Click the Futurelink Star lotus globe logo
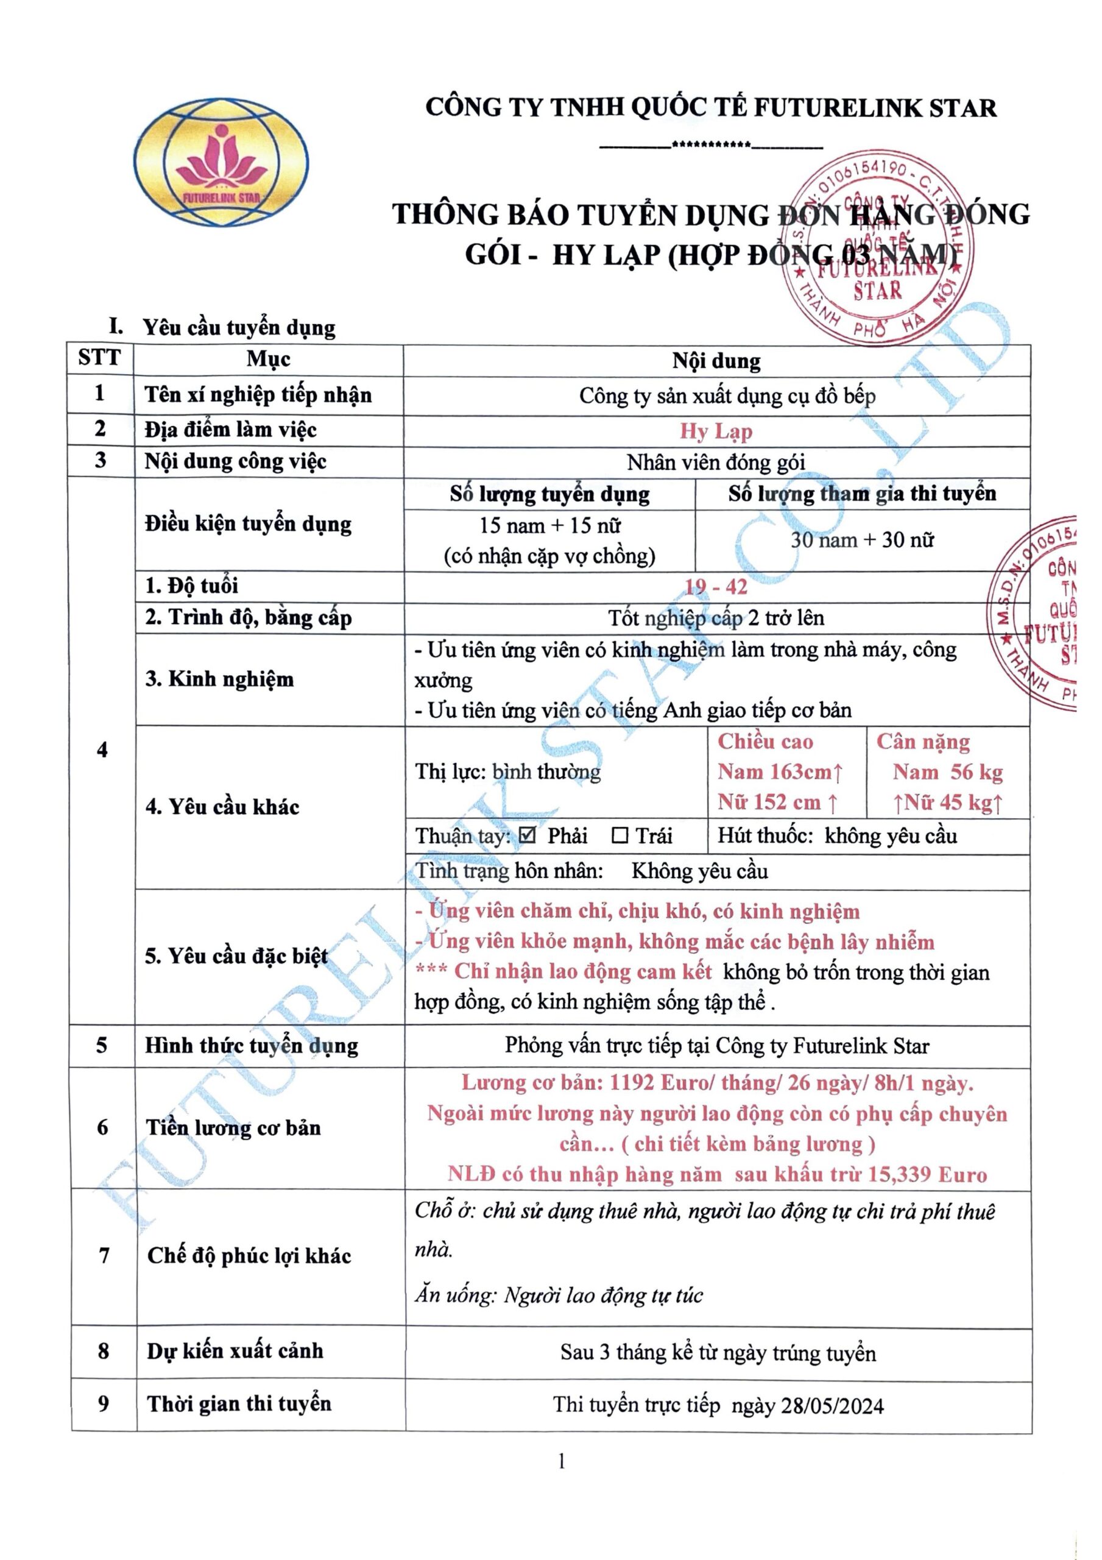coord(221,161)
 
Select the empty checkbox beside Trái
coord(620,835)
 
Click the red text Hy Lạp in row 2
coord(716,431)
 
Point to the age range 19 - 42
coord(716,586)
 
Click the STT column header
coord(99,358)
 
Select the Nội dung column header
coord(716,360)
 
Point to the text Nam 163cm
coord(779,772)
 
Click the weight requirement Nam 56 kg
coord(947,772)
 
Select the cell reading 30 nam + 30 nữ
coord(861,540)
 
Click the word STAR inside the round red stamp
coord(877,291)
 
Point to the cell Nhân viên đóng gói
coord(716,462)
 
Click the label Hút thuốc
coord(765,835)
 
